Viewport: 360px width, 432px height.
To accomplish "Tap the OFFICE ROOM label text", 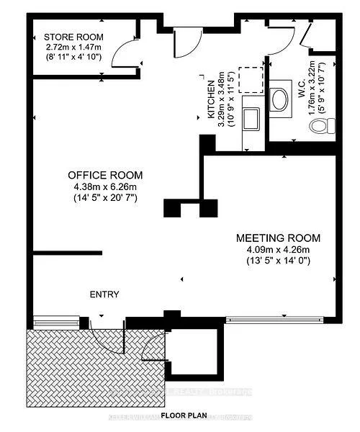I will tap(105, 175).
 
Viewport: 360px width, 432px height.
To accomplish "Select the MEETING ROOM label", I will tap(279, 238).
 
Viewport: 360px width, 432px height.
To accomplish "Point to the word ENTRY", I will tap(104, 294).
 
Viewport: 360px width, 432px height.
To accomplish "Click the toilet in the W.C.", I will tap(320, 127).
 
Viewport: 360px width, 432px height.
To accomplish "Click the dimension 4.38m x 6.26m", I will tap(105, 187).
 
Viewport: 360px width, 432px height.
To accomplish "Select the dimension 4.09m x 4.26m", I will tap(279, 251).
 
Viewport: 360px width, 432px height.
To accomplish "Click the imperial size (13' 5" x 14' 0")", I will tap(279, 262).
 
